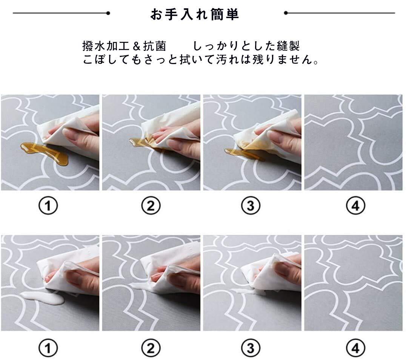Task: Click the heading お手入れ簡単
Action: click(x=194, y=14)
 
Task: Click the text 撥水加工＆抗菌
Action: click(x=124, y=46)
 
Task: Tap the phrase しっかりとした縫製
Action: click(x=246, y=46)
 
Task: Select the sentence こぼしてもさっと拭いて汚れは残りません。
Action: click(x=201, y=60)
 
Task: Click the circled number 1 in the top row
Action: click(x=48, y=206)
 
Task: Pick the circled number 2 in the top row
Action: click(x=151, y=206)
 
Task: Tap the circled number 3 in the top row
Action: click(x=251, y=206)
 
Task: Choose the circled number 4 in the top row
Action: click(x=355, y=206)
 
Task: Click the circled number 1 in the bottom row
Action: click(x=48, y=348)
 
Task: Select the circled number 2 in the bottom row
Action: click(x=151, y=348)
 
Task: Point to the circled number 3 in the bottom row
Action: click(x=251, y=348)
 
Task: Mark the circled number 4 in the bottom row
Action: click(x=355, y=348)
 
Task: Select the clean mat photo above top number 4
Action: click(x=354, y=142)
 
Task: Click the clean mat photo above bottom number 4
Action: click(x=354, y=283)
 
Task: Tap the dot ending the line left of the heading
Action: click(x=108, y=13)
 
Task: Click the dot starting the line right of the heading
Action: click(x=286, y=13)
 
